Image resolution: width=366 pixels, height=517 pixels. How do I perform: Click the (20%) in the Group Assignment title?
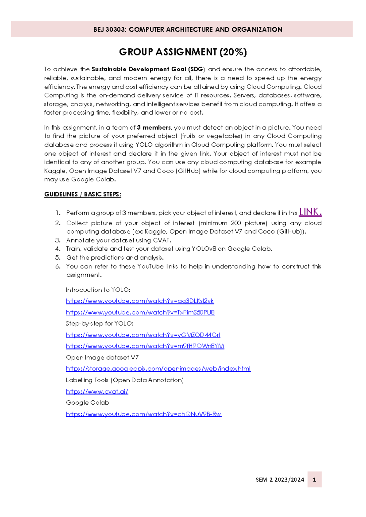pyautogui.click(x=233, y=52)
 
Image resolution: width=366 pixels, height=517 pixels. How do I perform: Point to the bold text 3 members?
pyautogui.click(x=154, y=127)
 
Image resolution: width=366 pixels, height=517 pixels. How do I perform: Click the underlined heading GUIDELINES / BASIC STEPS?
pyautogui.click(x=83, y=194)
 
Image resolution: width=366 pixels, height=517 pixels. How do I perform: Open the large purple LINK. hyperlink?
pyautogui.click(x=310, y=212)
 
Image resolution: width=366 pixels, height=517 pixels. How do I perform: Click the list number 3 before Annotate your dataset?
pyautogui.click(x=58, y=240)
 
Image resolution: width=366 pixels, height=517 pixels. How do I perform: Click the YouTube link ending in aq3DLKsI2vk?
pyautogui.click(x=140, y=301)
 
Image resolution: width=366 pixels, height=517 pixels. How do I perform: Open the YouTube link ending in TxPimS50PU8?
pyautogui.click(x=140, y=312)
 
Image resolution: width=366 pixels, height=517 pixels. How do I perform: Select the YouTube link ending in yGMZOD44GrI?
pyautogui.click(x=143, y=335)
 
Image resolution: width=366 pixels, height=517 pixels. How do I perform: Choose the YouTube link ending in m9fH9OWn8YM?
pyautogui.click(x=145, y=346)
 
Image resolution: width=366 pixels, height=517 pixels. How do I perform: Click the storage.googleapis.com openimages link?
pyautogui.click(x=158, y=369)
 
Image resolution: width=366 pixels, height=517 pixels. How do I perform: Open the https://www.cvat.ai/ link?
pyautogui.click(x=97, y=391)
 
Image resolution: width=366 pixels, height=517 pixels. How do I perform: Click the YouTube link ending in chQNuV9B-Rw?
pyautogui.click(x=143, y=414)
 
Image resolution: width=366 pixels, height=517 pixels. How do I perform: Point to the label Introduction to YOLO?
pyautogui.click(x=98, y=290)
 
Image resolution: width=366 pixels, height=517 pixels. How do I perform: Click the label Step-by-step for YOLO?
pyautogui.click(x=99, y=323)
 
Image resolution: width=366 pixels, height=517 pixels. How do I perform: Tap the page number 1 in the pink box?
pyautogui.click(x=314, y=480)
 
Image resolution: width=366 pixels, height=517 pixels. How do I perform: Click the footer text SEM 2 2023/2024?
pyautogui.click(x=280, y=480)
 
